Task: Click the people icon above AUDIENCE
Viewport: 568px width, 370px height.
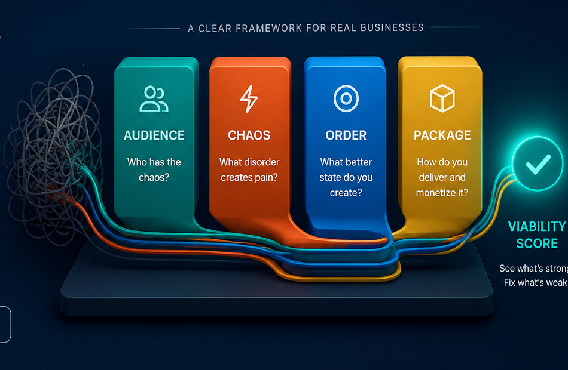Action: click(154, 98)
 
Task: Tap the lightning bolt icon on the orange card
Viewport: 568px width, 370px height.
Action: click(249, 98)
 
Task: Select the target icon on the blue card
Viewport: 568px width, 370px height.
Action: click(346, 98)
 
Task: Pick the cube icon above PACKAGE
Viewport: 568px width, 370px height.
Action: click(442, 98)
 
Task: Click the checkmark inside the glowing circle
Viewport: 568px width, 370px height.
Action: click(538, 164)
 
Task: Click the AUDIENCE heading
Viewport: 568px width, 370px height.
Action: click(154, 135)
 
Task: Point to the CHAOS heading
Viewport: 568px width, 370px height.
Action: click(249, 135)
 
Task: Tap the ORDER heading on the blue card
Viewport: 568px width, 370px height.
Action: click(346, 135)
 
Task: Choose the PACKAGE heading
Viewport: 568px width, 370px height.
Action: click(442, 135)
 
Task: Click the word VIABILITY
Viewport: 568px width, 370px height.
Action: click(538, 227)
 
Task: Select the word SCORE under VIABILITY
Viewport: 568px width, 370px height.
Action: click(537, 243)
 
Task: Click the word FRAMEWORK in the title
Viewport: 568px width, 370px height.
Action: click(268, 28)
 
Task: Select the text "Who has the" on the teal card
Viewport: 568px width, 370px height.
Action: click(154, 162)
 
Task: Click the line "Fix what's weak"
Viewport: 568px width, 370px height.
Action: click(535, 282)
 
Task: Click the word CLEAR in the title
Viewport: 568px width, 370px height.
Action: click(215, 28)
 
